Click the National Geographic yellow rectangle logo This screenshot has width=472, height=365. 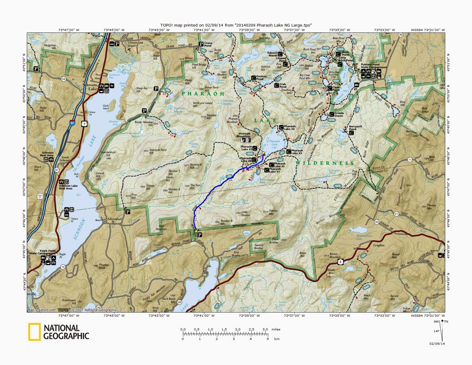[34, 332]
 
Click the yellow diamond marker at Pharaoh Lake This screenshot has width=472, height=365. [263, 153]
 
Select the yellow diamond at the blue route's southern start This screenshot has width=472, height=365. [196, 231]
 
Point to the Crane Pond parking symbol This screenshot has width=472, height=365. [201, 44]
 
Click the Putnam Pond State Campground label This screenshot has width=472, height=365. [370, 66]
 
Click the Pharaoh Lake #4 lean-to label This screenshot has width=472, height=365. [289, 128]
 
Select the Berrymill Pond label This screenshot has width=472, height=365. [355, 128]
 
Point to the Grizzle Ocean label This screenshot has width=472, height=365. [339, 115]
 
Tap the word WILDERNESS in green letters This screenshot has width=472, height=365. [325, 163]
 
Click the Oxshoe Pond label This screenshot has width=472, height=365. [261, 78]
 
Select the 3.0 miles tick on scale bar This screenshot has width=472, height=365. [265, 330]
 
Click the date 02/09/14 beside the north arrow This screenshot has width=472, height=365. [437, 344]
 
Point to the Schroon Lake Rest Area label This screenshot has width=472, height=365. [68, 187]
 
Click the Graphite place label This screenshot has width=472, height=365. [379, 245]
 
